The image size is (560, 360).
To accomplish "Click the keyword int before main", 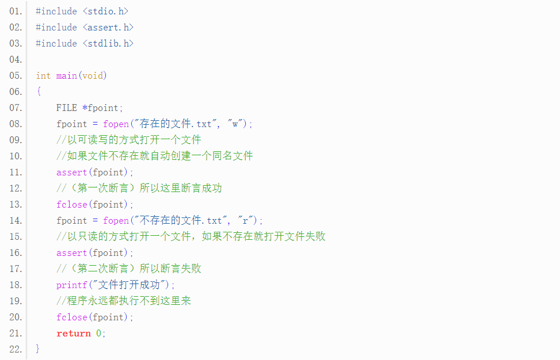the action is [x=43, y=75].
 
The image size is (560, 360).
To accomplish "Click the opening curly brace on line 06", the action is [x=38, y=91].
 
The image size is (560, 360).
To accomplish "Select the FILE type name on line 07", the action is [x=66, y=108].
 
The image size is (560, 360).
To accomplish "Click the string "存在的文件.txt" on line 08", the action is [x=176, y=124].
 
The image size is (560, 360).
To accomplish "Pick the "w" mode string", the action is [x=236, y=124].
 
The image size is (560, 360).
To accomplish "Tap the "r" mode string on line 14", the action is [x=246, y=220].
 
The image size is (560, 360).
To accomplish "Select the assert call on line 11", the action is [x=71, y=172].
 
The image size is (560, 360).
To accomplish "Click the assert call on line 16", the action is [x=71, y=252].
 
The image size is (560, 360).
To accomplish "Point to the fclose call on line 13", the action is [x=71, y=204].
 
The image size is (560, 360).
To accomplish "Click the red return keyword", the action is [x=73, y=333].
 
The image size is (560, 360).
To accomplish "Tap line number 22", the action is [x=16, y=349].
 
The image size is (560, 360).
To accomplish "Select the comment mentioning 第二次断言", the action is [x=129, y=269].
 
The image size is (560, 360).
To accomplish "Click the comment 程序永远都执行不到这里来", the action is [x=124, y=301].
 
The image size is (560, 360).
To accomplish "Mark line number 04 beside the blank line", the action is [x=16, y=59].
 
